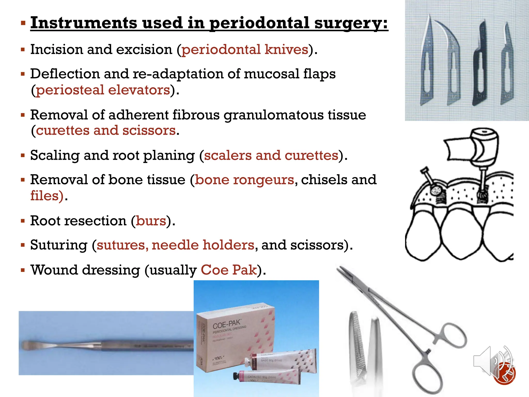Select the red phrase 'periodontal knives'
click(x=245, y=49)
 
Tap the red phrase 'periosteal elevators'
click(x=103, y=90)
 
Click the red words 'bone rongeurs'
click(x=244, y=180)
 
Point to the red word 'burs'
click(x=151, y=221)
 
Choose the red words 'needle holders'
click(x=203, y=245)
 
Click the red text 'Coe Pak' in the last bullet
click(x=229, y=270)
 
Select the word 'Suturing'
click(x=59, y=245)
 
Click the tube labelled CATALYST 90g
click(x=269, y=377)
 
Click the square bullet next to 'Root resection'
click(x=23, y=221)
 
